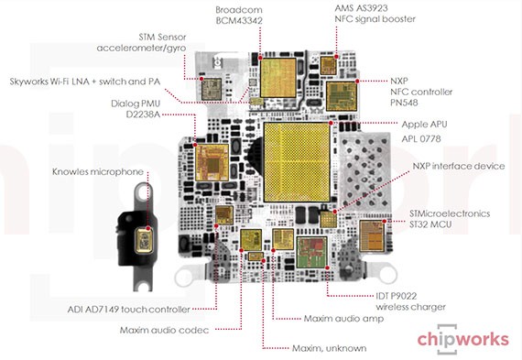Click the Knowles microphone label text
(x=98, y=171)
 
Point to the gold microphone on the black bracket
(x=145, y=241)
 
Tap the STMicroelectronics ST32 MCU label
(x=450, y=218)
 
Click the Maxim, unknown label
(x=329, y=348)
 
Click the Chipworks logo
(x=462, y=338)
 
